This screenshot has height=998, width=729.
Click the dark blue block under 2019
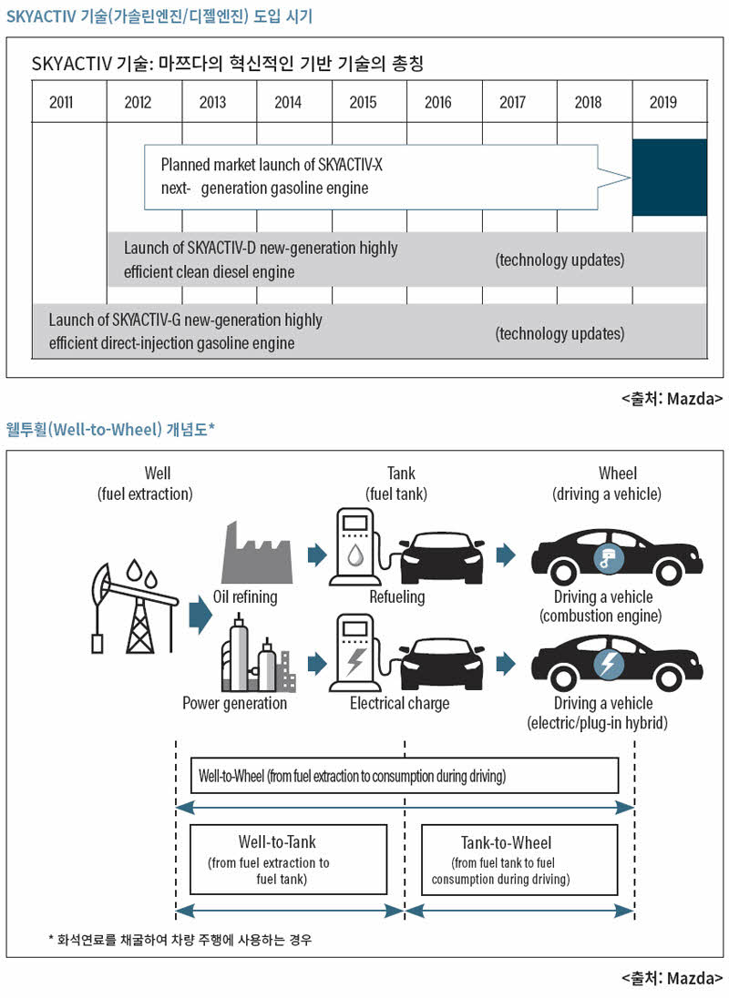670,178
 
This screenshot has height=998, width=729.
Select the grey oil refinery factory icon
257,552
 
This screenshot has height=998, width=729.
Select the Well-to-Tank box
289,860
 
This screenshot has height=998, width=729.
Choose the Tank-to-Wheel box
519,860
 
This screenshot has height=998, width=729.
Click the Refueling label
396,597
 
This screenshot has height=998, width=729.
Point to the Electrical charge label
399,703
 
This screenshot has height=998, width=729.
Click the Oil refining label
245,597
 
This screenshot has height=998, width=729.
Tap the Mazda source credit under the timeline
672,399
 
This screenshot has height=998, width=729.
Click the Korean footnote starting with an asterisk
180,940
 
